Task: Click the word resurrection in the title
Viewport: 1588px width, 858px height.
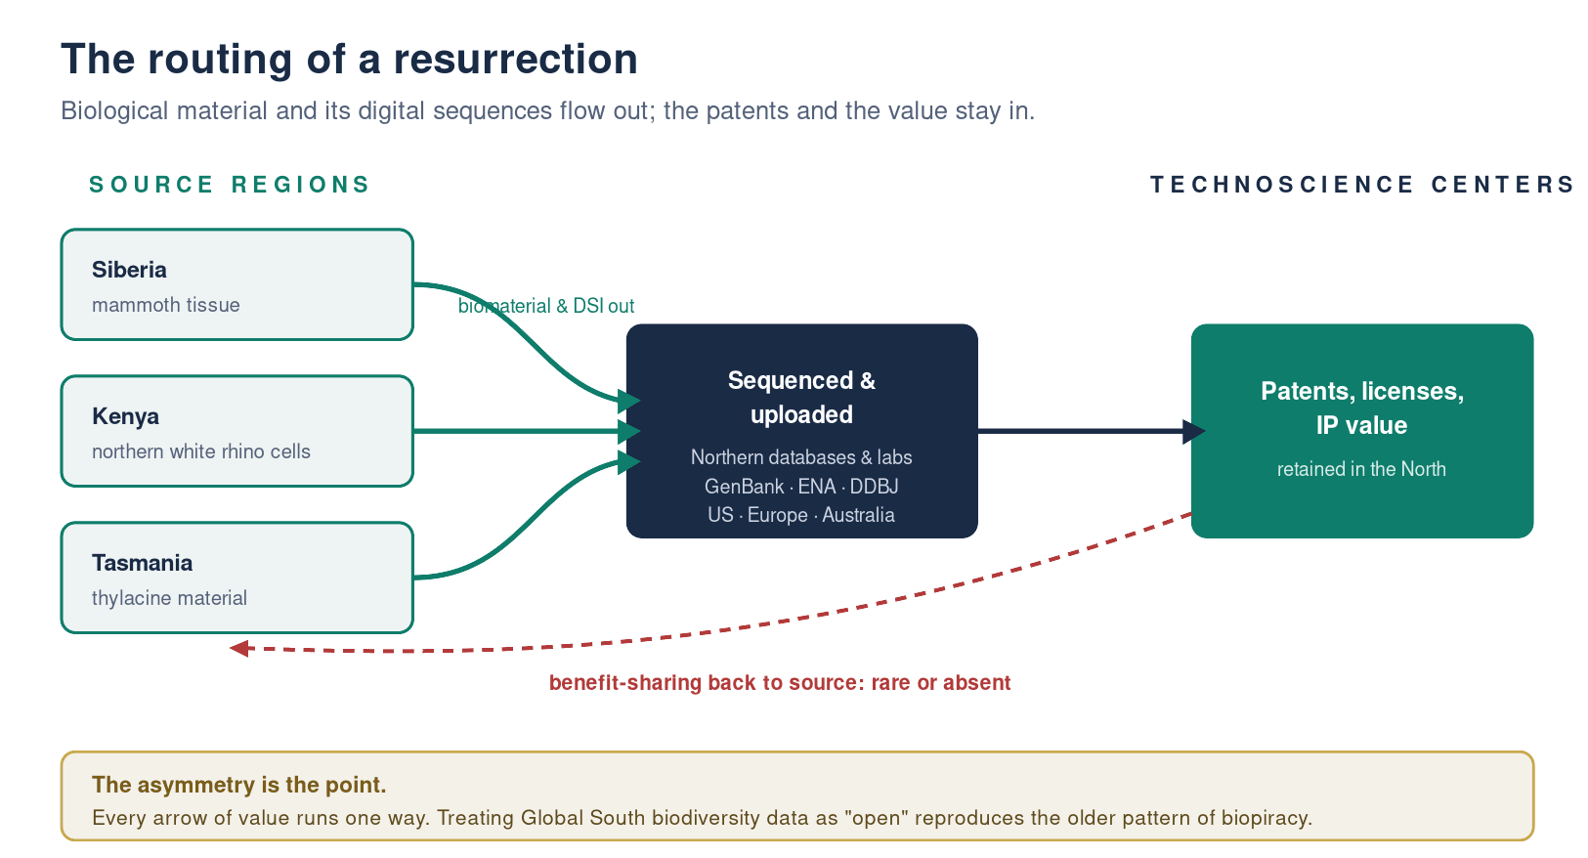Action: click(515, 59)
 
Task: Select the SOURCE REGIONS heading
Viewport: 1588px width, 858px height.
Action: click(230, 185)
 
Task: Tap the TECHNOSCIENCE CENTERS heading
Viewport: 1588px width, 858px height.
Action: click(1362, 185)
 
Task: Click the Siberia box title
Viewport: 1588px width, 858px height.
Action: click(129, 270)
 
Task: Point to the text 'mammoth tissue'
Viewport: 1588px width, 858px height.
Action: click(166, 305)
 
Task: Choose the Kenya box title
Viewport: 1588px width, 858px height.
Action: click(125, 417)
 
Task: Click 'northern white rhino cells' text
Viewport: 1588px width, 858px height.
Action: click(201, 451)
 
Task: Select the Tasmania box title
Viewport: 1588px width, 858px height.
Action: click(142, 563)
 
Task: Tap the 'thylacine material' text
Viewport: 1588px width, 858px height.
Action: click(169, 598)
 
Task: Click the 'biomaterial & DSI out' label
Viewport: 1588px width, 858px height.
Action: click(546, 306)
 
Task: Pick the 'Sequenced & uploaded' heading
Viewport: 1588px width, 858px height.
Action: click(801, 398)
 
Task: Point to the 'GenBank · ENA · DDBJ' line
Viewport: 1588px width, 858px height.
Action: click(801, 487)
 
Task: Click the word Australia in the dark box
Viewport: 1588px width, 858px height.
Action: click(858, 515)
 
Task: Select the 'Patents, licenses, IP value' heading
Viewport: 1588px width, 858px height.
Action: click(1362, 408)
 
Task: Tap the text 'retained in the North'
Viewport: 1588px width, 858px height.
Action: click(1361, 469)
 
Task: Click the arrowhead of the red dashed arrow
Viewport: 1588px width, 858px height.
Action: click(239, 648)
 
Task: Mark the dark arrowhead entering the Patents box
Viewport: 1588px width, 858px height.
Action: click(1194, 431)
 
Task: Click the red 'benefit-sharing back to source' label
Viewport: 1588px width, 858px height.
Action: click(780, 683)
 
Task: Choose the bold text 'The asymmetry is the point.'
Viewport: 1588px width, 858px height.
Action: click(238, 785)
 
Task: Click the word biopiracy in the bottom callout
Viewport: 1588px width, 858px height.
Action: click(1266, 818)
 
